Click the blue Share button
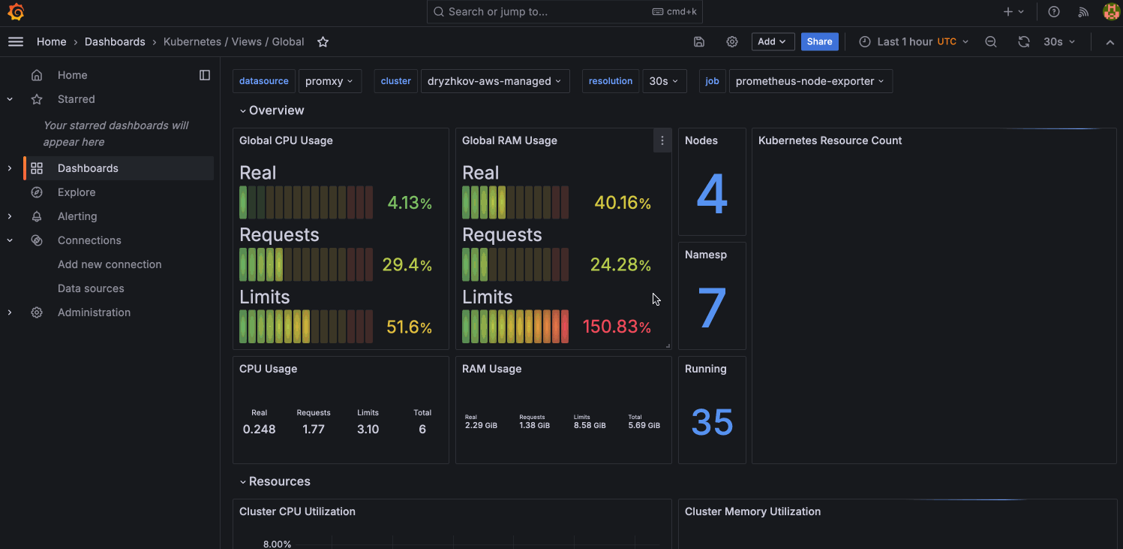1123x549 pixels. [819, 42]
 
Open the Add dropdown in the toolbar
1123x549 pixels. [773, 42]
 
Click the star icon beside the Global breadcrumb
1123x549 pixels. [323, 42]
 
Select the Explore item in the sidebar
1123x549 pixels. [77, 192]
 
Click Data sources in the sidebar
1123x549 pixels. [91, 288]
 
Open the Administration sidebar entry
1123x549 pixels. [94, 312]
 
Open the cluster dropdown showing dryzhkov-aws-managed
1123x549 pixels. [494, 81]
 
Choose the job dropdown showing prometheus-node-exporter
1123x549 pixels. [810, 81]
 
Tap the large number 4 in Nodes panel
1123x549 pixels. [712, 195]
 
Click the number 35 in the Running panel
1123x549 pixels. [712, 422]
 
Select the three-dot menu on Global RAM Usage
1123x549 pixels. [662, 140]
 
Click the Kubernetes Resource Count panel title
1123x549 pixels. [830, 140]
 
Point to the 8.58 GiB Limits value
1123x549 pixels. [590, 425]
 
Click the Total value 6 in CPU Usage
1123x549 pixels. [422, 430]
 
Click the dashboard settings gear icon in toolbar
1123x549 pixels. [732, 42]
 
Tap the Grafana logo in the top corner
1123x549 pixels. [16, 12]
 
